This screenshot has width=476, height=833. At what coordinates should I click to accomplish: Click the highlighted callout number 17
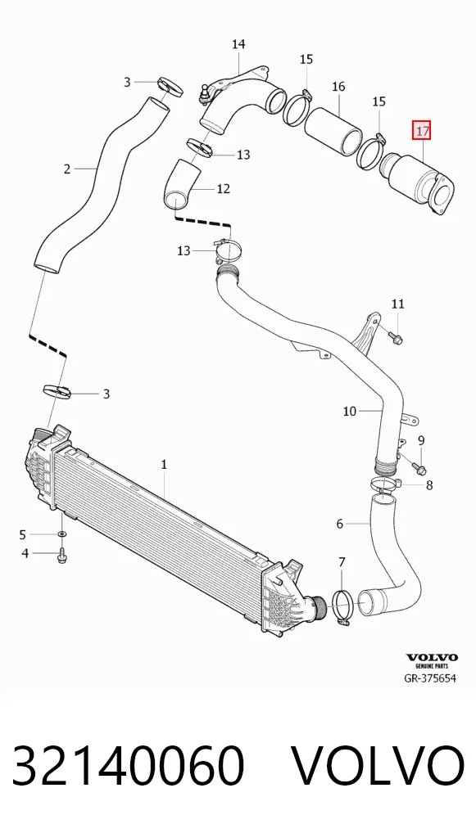tap(422, 131)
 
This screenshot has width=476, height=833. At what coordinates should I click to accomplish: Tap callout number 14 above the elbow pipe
tap(238, 44)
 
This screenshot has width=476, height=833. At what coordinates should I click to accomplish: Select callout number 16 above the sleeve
tap(338, 86)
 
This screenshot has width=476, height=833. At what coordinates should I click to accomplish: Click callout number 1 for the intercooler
tap(165, 464)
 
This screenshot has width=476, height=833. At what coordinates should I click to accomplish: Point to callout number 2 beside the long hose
tap(67, 169)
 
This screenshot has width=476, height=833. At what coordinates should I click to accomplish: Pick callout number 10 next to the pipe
tap(349, 411)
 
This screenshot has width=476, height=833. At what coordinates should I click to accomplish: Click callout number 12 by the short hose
tap(224, 188)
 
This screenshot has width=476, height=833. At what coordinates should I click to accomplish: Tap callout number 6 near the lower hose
tap(340, 524)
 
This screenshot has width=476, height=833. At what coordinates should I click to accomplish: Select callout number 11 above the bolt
tap(398, 304)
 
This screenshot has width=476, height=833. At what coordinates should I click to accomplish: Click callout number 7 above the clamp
tap(342, 561)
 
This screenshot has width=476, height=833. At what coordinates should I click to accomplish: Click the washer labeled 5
tap(61, 534)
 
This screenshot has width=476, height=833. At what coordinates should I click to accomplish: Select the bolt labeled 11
tap(396, 337)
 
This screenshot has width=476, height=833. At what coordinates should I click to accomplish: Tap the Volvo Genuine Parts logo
tap(432, 661)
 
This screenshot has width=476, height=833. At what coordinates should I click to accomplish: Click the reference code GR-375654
tap(430, 678)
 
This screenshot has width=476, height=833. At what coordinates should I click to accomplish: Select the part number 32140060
tap(129, 766)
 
